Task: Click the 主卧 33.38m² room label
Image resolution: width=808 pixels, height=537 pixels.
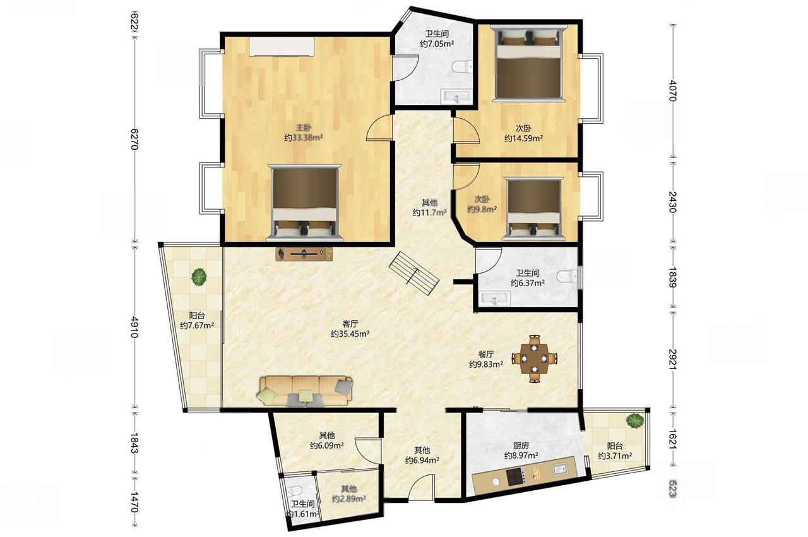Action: [304, 133]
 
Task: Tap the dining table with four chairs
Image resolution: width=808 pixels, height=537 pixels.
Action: [535, 359]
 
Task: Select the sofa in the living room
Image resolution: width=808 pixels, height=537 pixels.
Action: [305, 392]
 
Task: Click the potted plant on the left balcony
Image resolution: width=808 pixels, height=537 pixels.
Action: [199, 277]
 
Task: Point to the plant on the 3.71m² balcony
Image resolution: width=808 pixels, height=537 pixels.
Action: [634, 421]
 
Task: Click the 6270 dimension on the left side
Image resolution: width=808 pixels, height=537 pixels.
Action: [134, 139]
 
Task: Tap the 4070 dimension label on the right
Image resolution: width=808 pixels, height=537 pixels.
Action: [673, 90]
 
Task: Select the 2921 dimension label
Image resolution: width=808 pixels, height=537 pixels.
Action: [673, 359]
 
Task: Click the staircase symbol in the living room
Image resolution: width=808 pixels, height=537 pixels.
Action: [414, 274]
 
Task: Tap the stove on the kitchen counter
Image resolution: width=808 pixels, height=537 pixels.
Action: [517, 476]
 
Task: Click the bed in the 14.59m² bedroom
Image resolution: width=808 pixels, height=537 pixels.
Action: [528, 64]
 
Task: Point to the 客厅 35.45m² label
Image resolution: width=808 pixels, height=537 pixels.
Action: [350, 329]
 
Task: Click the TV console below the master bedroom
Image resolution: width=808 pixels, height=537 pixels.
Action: [304, 254]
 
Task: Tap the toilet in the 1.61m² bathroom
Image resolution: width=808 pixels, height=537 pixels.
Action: [294, 491]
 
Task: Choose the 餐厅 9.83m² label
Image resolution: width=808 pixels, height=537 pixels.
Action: [486, 359]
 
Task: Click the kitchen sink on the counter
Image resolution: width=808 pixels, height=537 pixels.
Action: [559, 469]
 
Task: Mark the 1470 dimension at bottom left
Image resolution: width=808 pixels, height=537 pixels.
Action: [134, 502]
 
